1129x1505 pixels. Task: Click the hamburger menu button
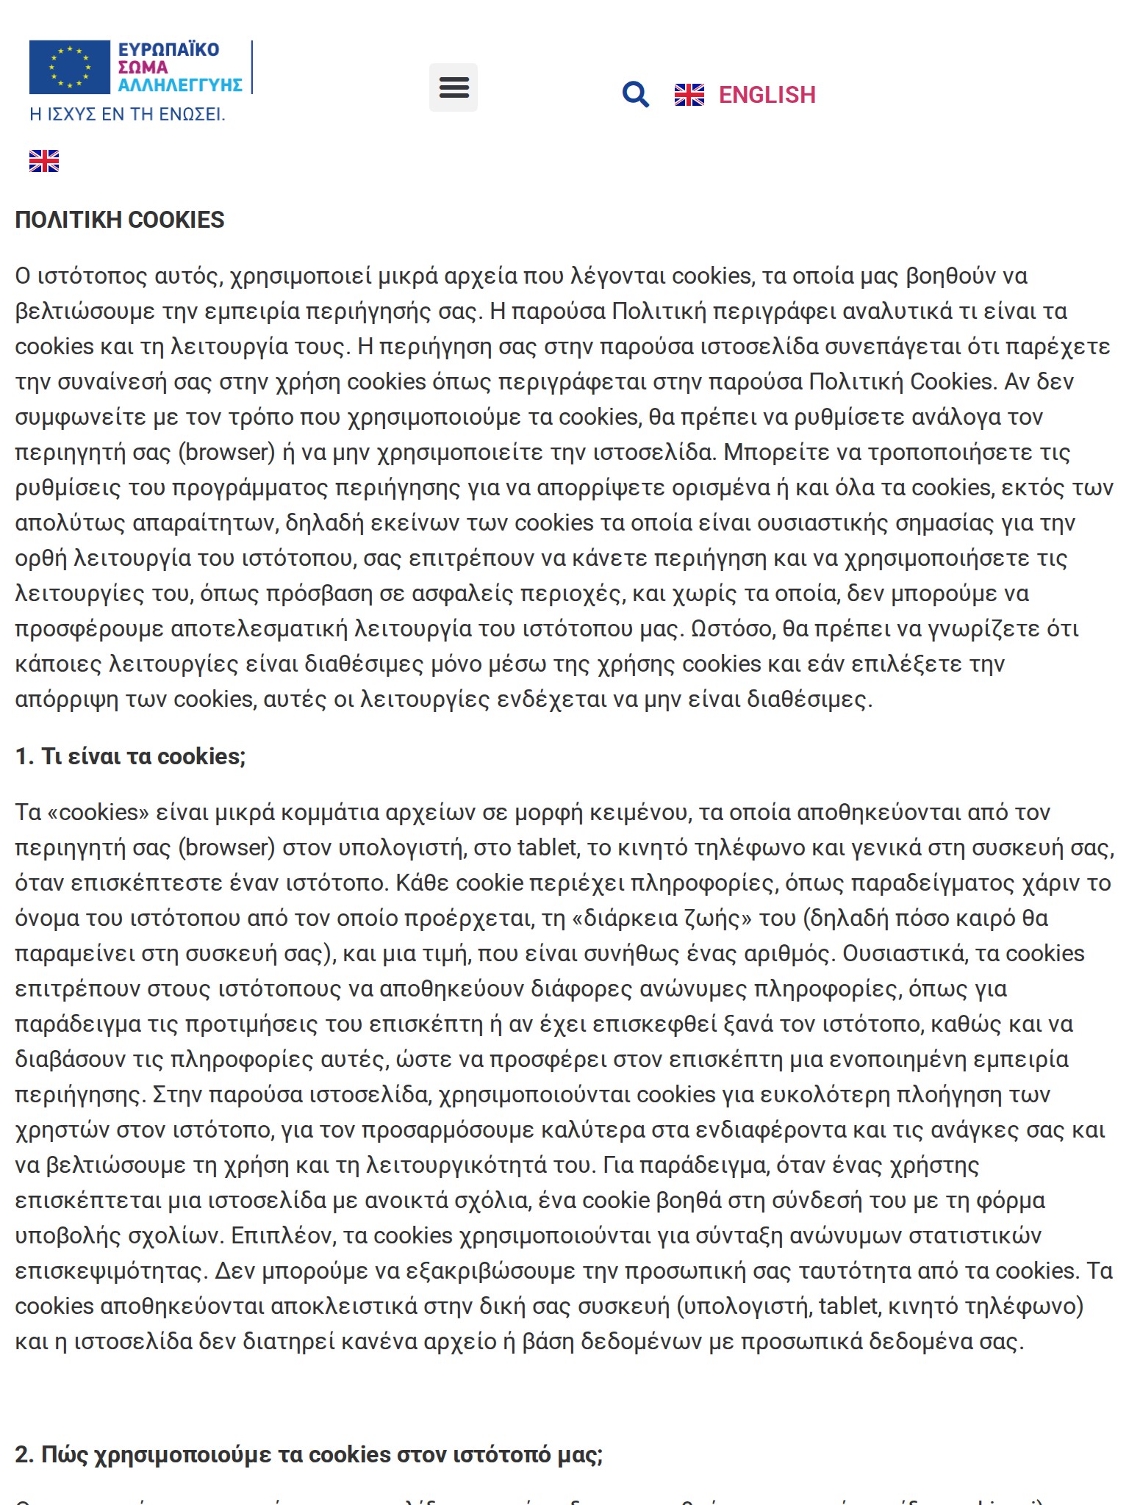[453, 87]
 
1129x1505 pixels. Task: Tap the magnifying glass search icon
[635, 95]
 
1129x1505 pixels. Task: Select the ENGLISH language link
[767, 95]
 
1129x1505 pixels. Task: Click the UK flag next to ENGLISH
[689, 95]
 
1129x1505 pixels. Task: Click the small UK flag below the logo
[44, 161]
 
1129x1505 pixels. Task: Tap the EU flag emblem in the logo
[69, 68]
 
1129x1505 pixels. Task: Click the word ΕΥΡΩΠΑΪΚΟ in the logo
[168, 50]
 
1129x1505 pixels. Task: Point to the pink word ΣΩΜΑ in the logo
[143, 68]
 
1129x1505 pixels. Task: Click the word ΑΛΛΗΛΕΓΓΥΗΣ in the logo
[180, 85]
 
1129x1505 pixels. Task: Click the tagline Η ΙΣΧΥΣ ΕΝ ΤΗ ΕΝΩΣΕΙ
[127, 115]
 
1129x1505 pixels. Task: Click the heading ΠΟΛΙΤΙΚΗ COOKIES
[120, 220]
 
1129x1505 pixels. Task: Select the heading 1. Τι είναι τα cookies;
[130, 756]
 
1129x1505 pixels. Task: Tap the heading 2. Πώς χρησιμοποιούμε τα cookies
[309, 1454]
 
